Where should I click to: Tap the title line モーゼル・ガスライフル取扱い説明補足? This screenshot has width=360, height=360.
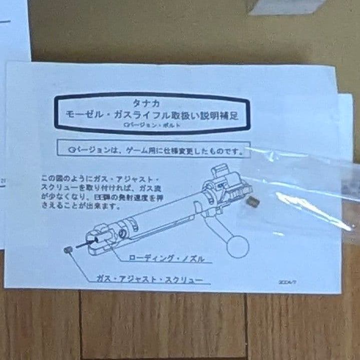click(x=152, y=115)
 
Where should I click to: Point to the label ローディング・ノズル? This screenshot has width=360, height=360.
click(x=166, y=258)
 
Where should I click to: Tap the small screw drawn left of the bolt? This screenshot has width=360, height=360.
click(x=68, y=250)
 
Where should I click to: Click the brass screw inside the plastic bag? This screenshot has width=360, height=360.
click(x=253, y=202)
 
